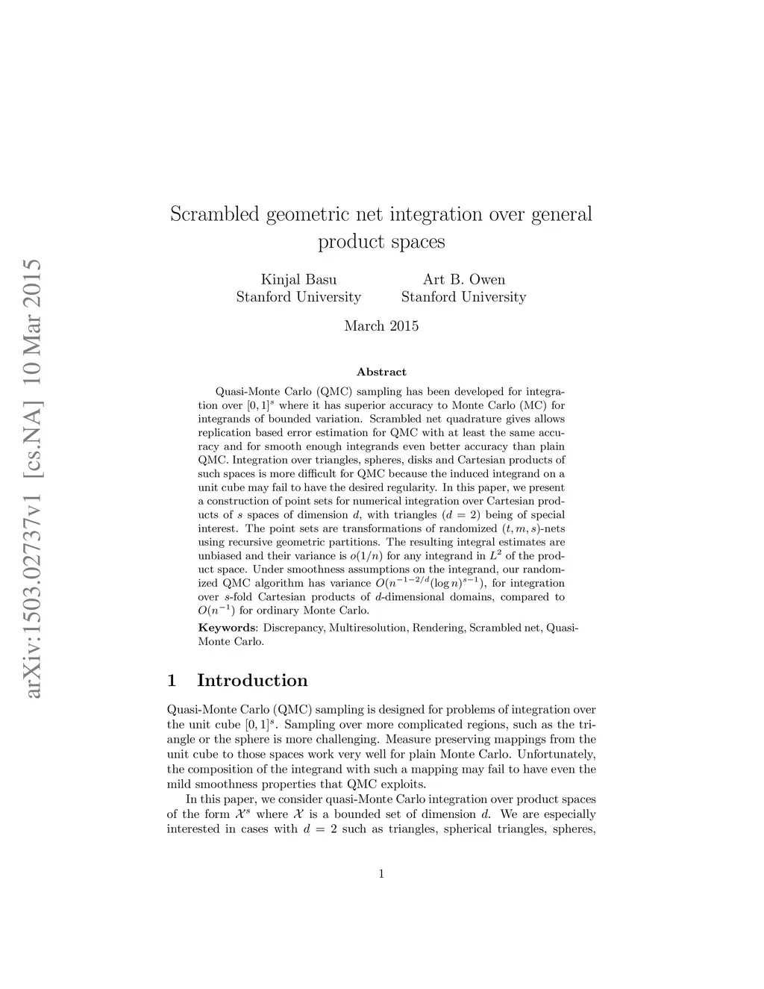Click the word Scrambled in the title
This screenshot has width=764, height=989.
[213, 215]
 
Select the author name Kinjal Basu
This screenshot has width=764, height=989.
[298, 280]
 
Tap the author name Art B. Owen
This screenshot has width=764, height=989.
[463, 280]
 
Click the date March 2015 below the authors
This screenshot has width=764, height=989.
[381, 326]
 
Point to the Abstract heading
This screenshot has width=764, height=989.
[381, 372]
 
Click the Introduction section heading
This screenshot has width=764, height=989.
[252, 681]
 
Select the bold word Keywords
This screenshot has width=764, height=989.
[228, 628]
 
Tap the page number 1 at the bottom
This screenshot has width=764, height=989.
[381, 874]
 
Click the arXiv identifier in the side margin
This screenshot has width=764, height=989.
[32, 478]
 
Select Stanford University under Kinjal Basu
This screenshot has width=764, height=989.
[298, 297]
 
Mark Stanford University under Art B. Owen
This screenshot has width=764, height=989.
[463, 297]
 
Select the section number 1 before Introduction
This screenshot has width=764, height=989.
[172, 681]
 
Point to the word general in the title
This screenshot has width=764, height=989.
[561, 215]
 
